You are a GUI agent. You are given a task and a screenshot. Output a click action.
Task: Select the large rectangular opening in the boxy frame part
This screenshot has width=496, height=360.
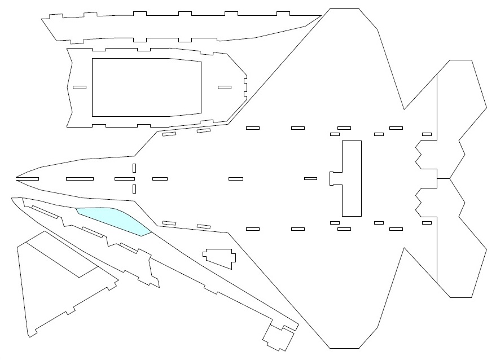(x=146, y=87)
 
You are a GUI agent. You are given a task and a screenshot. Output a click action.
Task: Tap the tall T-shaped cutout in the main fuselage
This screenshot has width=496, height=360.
(x=350, y=178)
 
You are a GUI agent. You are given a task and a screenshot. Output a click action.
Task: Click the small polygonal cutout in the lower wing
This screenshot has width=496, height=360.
(x=220, y=257)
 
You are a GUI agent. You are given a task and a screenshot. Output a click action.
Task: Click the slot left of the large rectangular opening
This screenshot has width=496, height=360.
(x=80, y=87)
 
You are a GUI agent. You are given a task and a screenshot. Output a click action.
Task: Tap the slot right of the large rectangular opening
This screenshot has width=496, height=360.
(x=225, y=87)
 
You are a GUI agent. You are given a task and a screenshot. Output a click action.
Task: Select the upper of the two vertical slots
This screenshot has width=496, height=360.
(x=134, y=168)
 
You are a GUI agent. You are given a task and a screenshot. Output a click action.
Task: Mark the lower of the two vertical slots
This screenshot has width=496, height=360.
(x=134, y=188)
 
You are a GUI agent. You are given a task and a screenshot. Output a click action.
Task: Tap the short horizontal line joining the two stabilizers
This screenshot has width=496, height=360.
(x=444, y=179)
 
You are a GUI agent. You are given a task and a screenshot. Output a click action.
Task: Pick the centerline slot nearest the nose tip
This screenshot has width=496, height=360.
(x=28, y=179)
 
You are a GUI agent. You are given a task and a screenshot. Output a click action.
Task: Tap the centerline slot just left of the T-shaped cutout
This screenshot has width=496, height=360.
(x=310, y=179)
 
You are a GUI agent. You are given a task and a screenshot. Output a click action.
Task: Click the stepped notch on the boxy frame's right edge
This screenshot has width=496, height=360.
(x=245, y=87)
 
